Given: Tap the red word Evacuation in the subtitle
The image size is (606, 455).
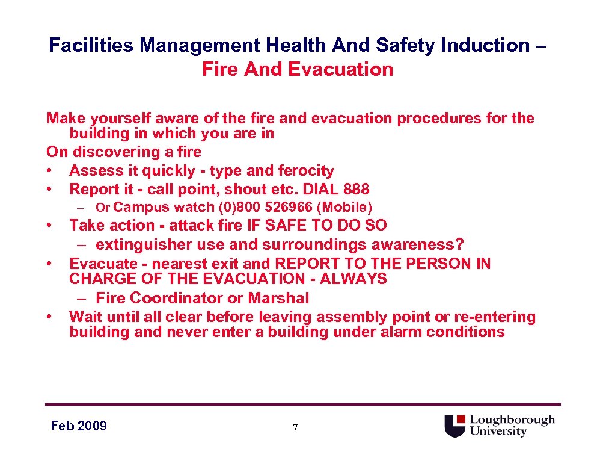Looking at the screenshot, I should pos(340,69).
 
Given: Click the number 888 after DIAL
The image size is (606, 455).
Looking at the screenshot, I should pos(357,189).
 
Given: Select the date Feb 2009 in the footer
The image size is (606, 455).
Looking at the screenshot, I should pos(79,426).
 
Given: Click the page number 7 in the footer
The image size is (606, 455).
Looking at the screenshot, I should pos(295,427).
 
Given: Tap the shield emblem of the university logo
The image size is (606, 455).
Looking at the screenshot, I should pos(455,426).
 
